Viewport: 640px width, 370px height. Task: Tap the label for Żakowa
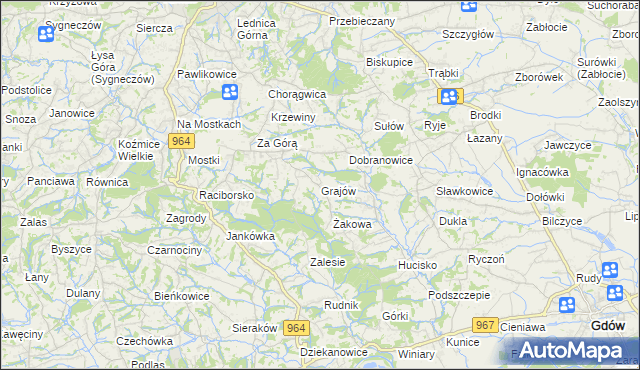click(352, 225)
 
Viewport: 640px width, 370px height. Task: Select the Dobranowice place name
click(381, 160)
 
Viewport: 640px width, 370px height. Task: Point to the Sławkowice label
click(464, 191)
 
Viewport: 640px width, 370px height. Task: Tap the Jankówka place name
click(250, 237)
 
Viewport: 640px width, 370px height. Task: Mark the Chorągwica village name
click(298, 94)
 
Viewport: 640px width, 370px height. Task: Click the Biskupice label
click(390, 61)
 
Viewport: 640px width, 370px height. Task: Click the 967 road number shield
click(486, 325)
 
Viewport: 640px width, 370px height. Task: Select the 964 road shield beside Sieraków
click(296, 328)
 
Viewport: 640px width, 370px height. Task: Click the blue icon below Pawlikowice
click(229, 93)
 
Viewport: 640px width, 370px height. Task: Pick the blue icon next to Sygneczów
click(45, 34)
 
